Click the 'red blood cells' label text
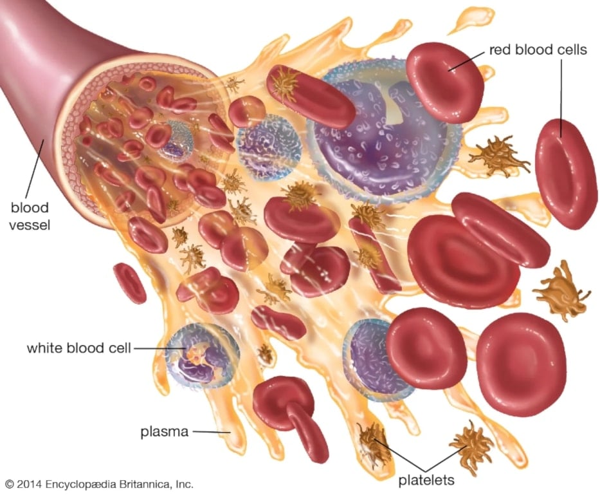(x=538, y=50)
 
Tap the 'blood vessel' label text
(x=30, y=216)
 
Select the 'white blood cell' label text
(x=79, y=348)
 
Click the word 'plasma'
(x=165, y=432)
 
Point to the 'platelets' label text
(x=426, y=480)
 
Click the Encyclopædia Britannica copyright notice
(x=100, y=484)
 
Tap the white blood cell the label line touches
(x=203, y=355)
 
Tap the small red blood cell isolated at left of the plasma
(x=130, y=283)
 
